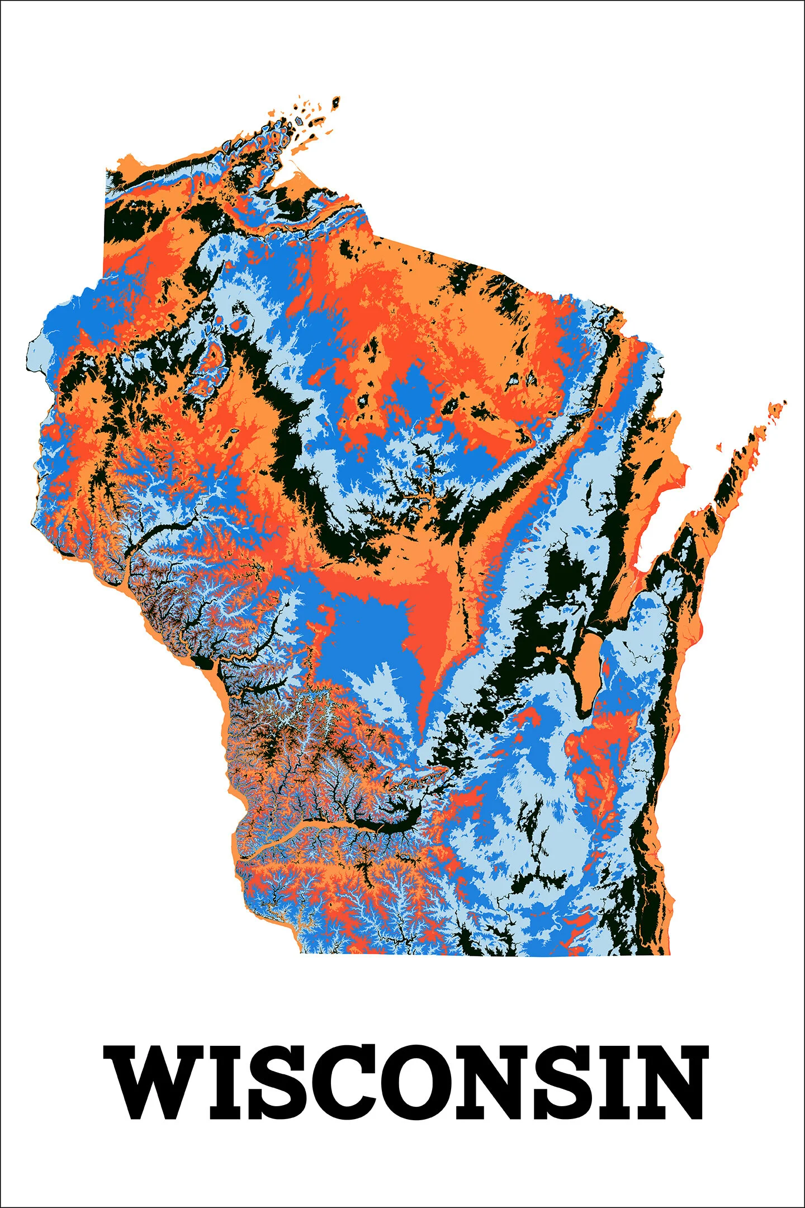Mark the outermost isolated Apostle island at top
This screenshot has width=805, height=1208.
(336, 102)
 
